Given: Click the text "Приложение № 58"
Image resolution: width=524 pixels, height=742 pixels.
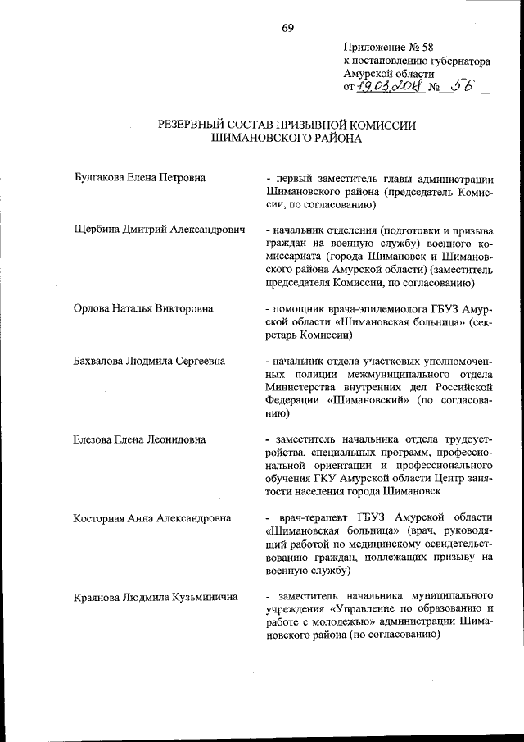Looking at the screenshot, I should [385, 47].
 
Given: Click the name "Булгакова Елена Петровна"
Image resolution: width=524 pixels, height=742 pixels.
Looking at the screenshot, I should [138, 177].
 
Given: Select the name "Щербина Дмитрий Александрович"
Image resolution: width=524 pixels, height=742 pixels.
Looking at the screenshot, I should [159, 230].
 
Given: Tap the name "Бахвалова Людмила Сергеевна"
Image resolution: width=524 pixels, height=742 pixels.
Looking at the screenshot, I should [149, 361].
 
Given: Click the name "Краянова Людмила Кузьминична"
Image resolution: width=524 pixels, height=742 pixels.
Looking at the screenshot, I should [155, 597].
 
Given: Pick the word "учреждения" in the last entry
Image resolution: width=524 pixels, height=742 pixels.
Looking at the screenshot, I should [297, 609].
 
